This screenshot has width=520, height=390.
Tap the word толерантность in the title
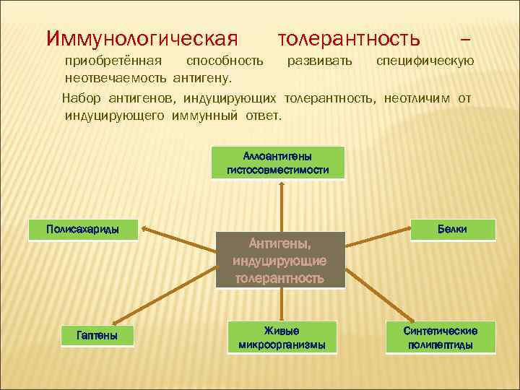point(348,36)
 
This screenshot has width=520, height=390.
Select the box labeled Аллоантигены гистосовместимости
point(277,162)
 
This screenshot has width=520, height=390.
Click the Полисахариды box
point(82,230)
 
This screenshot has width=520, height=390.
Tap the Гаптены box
point(97,336)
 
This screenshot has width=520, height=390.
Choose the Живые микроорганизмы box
point(282,337)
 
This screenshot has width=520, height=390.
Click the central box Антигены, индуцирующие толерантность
point(279,260)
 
